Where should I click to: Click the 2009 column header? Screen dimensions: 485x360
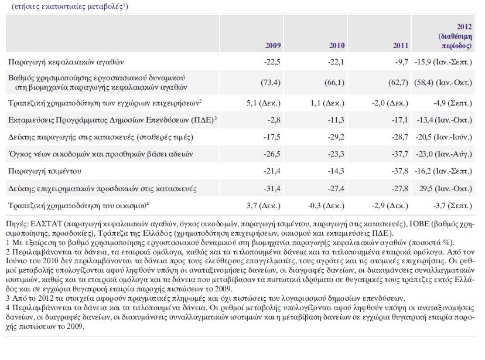click(273, 46)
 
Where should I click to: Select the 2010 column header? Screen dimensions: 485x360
click(337, 46)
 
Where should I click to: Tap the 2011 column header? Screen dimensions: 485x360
click(401, 46)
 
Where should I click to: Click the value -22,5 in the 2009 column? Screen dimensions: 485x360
click(272, 62)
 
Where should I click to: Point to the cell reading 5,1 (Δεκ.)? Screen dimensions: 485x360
click(264, 103)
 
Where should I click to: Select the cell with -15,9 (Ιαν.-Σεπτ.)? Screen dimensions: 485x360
click(443, 62)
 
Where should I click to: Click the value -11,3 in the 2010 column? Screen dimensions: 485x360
click(336, 120)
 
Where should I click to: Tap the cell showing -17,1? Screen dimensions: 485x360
click(400, 120)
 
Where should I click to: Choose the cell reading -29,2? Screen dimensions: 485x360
click(336, 137)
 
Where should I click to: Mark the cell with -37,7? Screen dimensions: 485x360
click(400, 154)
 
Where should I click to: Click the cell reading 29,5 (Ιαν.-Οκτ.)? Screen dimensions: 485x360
click(446, 189)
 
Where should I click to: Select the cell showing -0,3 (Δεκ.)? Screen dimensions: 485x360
click(326, 206)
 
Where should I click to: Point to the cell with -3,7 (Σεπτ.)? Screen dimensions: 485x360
click(453, 206)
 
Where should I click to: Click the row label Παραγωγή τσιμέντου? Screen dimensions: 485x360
click(45, 171)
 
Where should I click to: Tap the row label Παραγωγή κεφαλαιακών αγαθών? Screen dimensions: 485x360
click(66, 62)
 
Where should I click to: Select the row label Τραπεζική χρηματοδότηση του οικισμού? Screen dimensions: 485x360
click(78, 206)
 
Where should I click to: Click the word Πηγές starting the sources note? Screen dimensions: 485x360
click(18, 225)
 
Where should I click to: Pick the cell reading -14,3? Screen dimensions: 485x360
click(336, 171)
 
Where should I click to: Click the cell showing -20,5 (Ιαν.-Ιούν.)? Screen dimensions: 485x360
click(443, 137)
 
